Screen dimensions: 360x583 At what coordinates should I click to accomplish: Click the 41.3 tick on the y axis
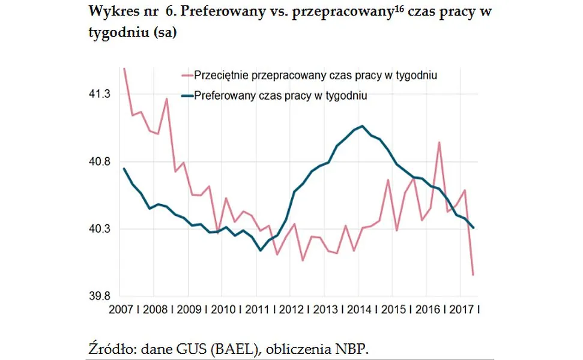pos(100,94)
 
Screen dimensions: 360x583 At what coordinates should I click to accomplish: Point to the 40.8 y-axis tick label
pos(100,162)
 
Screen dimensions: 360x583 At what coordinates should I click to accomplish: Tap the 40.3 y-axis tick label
pos(100,229)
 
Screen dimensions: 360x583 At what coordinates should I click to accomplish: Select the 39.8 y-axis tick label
pos(100,296)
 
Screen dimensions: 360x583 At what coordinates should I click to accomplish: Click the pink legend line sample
pos(187,76)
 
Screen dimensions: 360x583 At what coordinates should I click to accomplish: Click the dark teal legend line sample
pos(187,95)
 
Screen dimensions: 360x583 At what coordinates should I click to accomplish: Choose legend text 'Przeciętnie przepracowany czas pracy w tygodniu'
pos(315,76)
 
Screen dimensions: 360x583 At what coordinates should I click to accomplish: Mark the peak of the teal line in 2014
pos(362,126)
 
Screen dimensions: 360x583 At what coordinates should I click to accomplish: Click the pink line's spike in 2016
pos(440,142)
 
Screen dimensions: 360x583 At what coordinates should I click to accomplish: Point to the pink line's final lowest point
pos(474,275)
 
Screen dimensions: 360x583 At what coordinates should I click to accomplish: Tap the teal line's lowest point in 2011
pos(260,250)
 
